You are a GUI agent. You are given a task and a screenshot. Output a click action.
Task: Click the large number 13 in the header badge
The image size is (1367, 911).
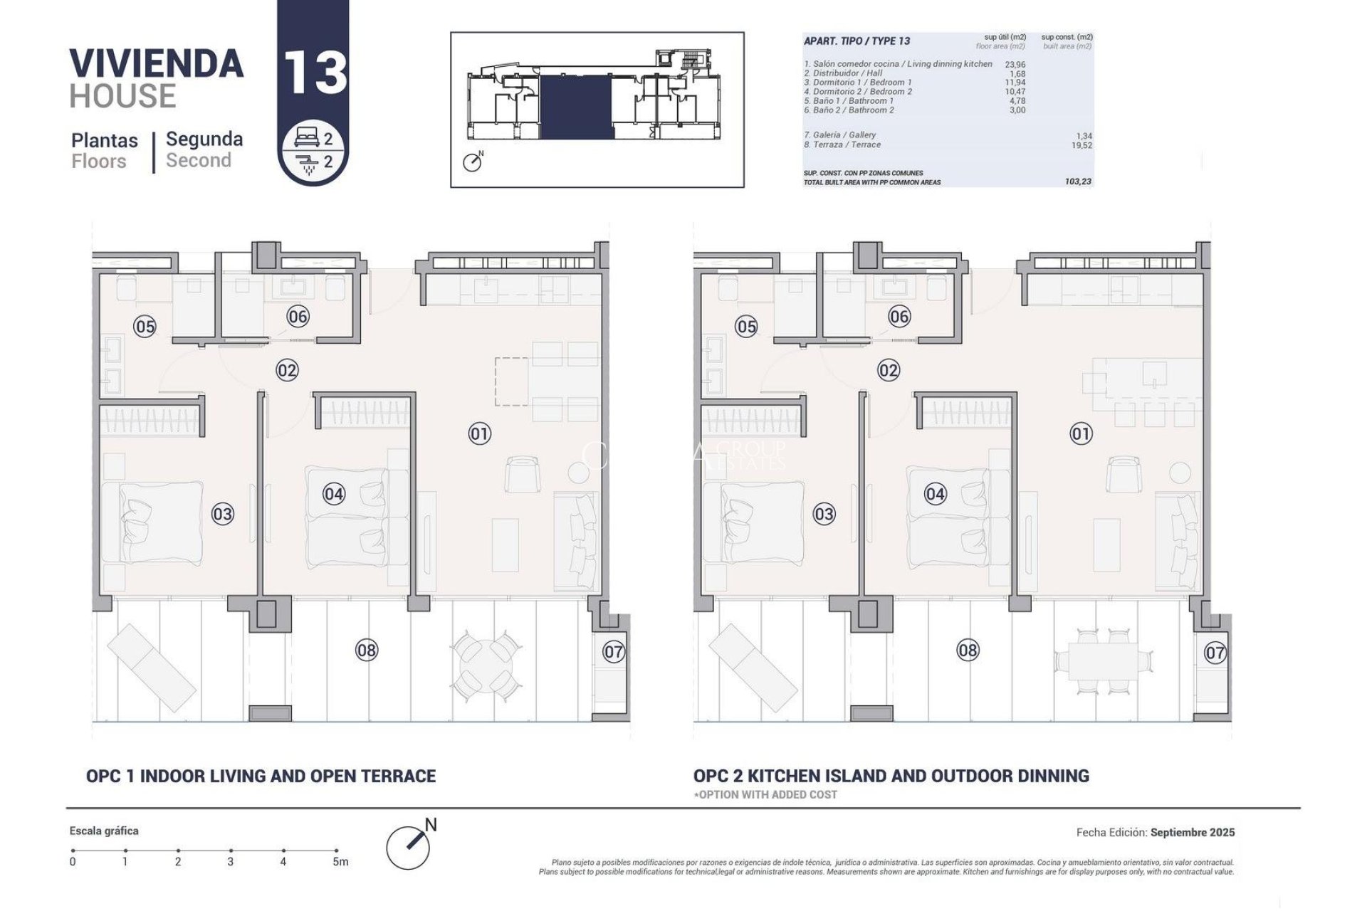(315, 72)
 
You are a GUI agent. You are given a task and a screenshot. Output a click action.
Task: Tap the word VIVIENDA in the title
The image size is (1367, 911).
(157, 64)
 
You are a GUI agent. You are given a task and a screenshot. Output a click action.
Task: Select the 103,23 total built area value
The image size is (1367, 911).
(1078, 182)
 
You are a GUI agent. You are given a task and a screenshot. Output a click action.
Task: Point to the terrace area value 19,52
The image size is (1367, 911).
(1081, 145)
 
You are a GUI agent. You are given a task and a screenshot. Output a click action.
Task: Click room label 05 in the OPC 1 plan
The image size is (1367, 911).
(145, 327)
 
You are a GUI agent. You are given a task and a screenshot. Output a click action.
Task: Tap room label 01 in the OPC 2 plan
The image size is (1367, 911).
(1081, 433)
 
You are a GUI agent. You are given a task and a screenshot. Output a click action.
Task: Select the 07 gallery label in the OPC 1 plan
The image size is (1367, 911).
(614, 651)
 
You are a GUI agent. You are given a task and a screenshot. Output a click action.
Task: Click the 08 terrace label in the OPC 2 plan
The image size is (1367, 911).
(968, 650)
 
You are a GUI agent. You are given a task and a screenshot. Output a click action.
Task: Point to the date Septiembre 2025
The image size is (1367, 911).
(1192, 832)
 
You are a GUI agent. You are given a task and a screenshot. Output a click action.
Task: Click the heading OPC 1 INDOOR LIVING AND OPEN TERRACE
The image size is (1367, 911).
(261, 776)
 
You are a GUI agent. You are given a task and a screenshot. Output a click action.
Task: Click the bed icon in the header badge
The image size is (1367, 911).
(308, 140)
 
